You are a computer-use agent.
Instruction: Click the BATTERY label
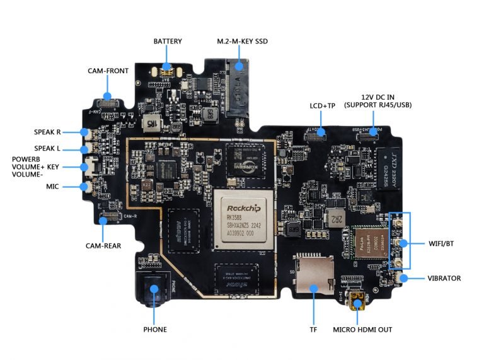[168, 42]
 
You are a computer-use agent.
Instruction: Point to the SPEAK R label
[47, 132]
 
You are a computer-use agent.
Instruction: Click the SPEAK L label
[47, 149]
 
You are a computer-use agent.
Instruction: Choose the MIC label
[52, 187]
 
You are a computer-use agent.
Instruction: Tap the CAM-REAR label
[104, 245]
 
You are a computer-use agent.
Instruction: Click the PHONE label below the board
[155, 329]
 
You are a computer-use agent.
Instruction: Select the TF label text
[313, 329]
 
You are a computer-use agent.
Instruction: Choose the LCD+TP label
[322, 105]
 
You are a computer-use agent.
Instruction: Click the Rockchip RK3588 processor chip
[243, 218]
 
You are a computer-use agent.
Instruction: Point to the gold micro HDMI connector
[358, 302]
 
